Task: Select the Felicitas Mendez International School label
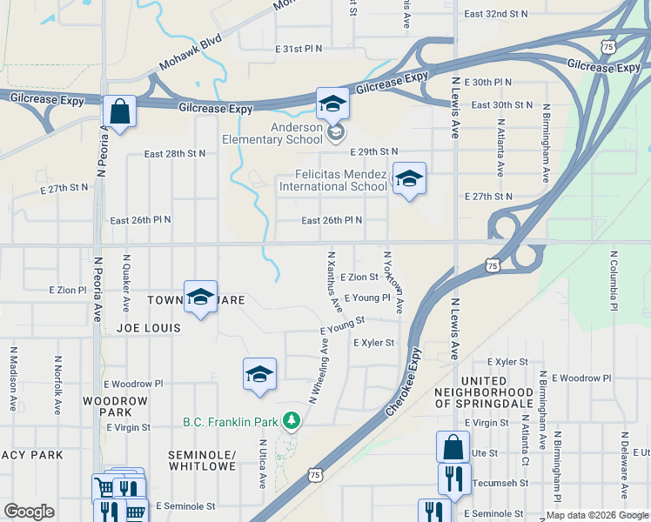(332, 180)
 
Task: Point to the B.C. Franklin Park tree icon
(291, 422)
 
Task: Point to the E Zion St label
(359, 278)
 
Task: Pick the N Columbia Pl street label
(614, 282)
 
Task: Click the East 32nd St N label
(496, 14)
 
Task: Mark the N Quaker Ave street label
(127, 284)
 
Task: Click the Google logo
(29, 512)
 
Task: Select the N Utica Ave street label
(262, 463)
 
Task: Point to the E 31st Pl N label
(298, 49)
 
